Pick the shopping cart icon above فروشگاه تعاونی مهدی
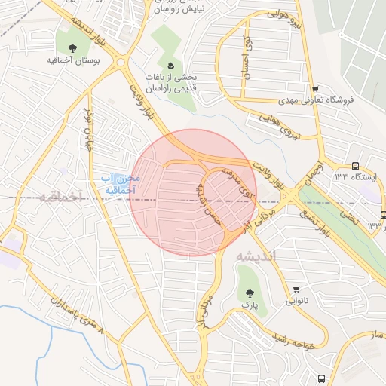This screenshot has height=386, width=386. [x=315, y=88]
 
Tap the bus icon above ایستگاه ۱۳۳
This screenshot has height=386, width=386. [x=355, y=166]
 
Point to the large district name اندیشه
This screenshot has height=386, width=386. [x=256, y=256]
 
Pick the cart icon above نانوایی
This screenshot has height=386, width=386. [x=296, y=289]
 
